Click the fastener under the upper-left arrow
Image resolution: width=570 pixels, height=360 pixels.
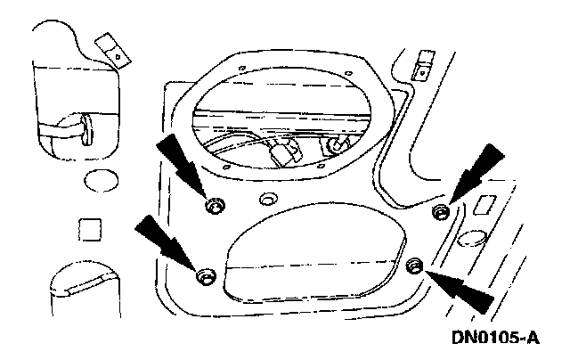[x=213, y=207]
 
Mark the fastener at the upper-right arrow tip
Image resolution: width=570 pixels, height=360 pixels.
[x=439, y=210]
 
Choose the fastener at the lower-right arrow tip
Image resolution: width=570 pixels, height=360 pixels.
[x=413, y=266]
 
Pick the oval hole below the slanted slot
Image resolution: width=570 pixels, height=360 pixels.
[x=473, y=239]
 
